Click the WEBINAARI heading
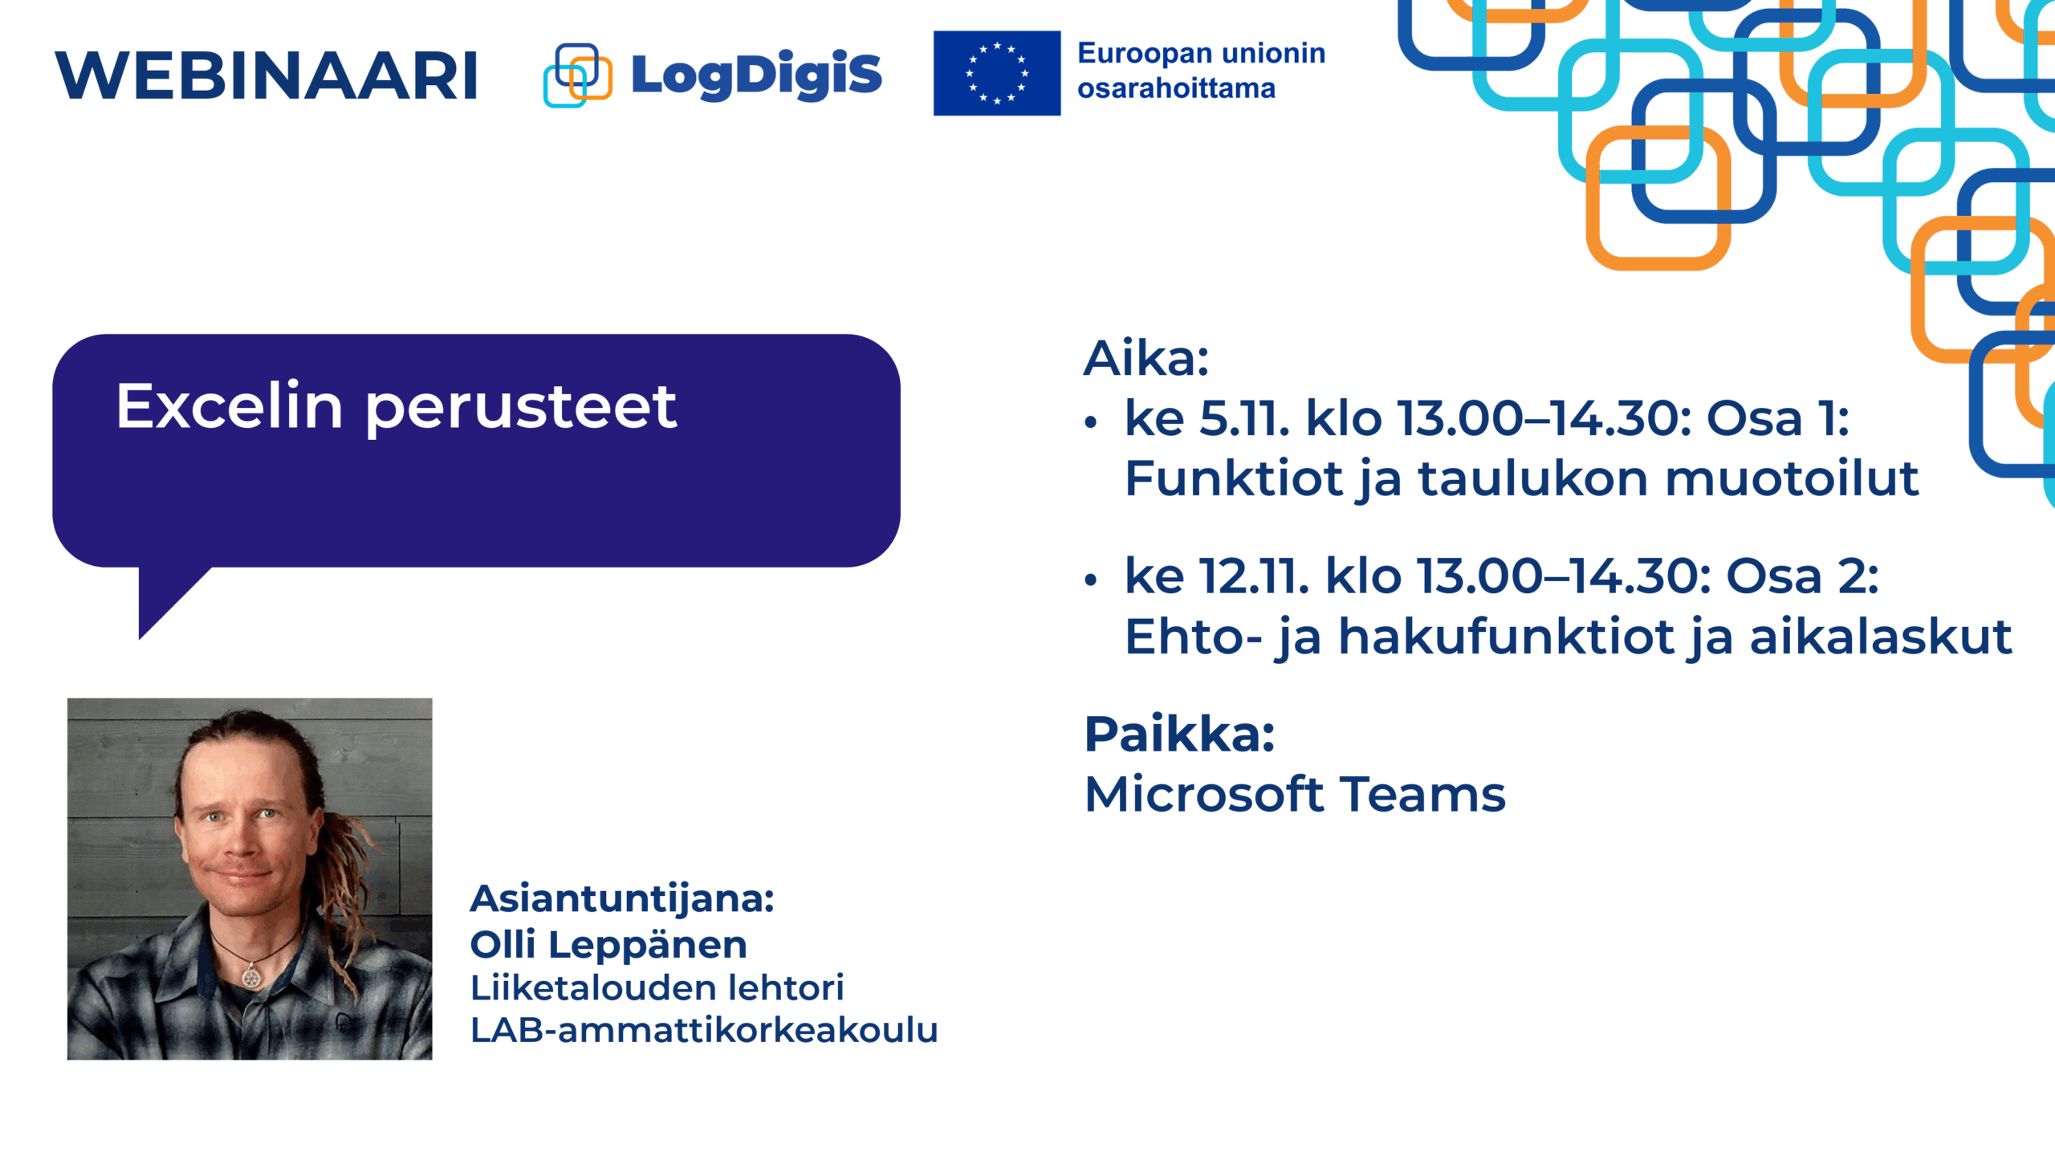[x=267, y=76]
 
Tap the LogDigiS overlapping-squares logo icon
[x=578, y=75]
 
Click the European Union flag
[x=997, y=73]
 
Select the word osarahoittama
[x=1176, y=88]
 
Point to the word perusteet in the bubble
[x=522, y=409]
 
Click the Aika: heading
[x=1146, y=358]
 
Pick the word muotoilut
[x=1793, y=478]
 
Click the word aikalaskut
[x=1881, y=637]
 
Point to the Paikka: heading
[x=1179, y=734]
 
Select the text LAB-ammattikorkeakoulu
[x=704, y=1030]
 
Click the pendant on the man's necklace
[x=251, y=976]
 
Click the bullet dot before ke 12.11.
[x=1090, y=580]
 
